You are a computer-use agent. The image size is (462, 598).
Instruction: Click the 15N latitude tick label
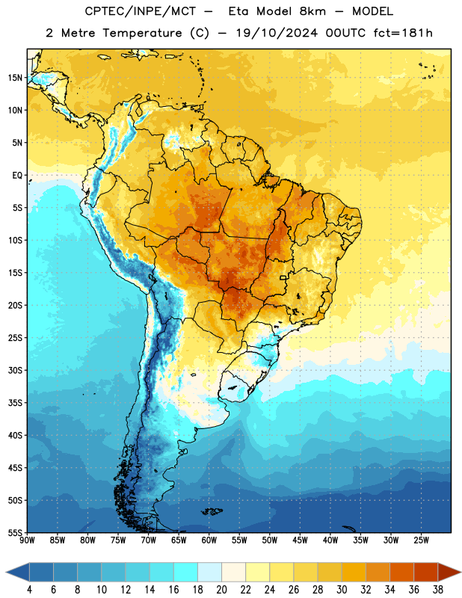[15, 78]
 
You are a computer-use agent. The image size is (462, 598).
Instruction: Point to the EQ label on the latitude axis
[17, 176]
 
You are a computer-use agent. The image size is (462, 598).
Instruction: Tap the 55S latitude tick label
[15, 532]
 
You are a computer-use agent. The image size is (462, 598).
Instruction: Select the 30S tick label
[15, 370]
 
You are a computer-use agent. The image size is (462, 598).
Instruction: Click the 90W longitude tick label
[27, 540]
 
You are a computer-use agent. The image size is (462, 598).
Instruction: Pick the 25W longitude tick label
[421, 540]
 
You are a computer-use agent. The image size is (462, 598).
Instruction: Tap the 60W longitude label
[209, 540]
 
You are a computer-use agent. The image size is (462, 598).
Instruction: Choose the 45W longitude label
[300, 540]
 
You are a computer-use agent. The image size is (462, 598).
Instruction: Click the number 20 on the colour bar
[221, 590]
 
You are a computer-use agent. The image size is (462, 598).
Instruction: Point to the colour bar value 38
[438, 590]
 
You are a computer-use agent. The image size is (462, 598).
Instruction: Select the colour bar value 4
[29, 590]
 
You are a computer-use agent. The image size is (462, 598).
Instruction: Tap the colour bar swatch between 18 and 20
[210, 573]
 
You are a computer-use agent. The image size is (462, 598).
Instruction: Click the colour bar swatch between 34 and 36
[402, 573]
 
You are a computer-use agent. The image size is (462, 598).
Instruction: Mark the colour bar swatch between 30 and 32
[354, 573]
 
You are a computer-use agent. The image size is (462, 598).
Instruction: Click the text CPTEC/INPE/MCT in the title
[141, 11]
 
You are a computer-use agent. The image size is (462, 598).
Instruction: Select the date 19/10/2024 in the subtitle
[277, 33]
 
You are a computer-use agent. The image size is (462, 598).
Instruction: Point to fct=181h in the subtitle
[403, 33]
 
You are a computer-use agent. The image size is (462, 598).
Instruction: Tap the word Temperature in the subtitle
[142, 33]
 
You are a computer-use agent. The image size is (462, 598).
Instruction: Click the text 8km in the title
[312, 11]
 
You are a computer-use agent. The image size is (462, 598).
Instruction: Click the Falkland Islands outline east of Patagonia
[212, 511]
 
